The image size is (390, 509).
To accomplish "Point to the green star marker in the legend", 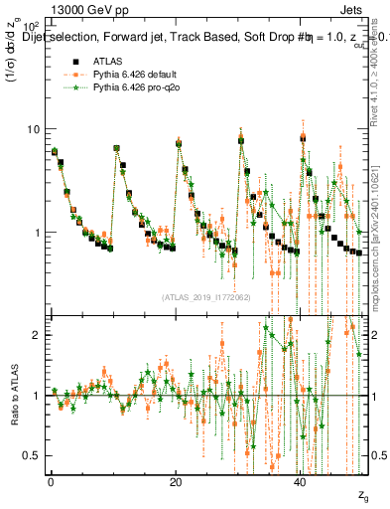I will pos(70,86).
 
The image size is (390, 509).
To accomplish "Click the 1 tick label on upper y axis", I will pos(38,233).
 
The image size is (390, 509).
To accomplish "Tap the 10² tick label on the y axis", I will pos(33,24).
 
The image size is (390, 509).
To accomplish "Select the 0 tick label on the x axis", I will pos(51,481).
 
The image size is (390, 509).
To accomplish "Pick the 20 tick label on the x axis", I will pos(176,481).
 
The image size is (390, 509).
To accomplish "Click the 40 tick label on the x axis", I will pos(302,481).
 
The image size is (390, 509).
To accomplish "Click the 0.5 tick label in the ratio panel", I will pos(33,455).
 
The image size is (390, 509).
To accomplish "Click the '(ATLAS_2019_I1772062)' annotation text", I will pos(205,296).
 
